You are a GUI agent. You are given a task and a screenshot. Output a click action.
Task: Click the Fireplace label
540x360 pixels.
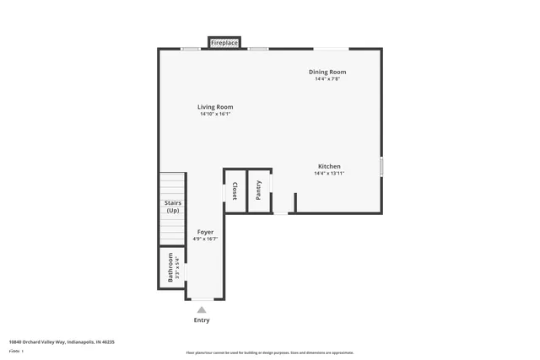[224, 42]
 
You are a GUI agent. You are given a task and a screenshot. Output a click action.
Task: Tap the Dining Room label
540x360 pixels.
[327, 73]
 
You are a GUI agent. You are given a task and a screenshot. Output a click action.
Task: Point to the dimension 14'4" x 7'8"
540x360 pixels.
[327, 79]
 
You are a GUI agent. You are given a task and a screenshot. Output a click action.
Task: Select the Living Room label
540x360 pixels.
[215, 107]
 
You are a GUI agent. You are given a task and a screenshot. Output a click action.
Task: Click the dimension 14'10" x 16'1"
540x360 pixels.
[215, 114]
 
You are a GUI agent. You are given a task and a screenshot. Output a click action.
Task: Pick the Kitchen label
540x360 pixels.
[329, 166]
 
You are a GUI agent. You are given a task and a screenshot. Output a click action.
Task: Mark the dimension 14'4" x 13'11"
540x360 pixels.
[329, 173]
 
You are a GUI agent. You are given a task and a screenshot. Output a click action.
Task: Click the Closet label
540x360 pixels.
[235, 191]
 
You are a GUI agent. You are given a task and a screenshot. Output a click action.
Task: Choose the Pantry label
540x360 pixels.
[259, 191]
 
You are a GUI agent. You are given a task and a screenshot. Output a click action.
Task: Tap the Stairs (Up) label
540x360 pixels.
[172, 207]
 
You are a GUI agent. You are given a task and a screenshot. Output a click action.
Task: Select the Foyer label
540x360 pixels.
[205, 232]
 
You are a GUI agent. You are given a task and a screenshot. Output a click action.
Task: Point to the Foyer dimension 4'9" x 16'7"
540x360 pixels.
[205, 239]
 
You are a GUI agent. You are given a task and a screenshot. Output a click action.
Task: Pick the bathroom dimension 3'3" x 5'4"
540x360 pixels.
[177, 267]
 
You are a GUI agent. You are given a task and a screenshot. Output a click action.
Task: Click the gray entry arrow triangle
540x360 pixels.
[202, 309]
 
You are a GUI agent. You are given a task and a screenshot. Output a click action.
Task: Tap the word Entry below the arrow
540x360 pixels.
[202, 320]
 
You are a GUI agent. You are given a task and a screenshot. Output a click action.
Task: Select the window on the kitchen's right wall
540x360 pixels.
[381, 166]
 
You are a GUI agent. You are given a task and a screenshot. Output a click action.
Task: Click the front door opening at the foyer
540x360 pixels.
[202, 298]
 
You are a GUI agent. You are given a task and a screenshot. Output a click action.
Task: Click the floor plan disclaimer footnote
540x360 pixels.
[269, 352]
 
